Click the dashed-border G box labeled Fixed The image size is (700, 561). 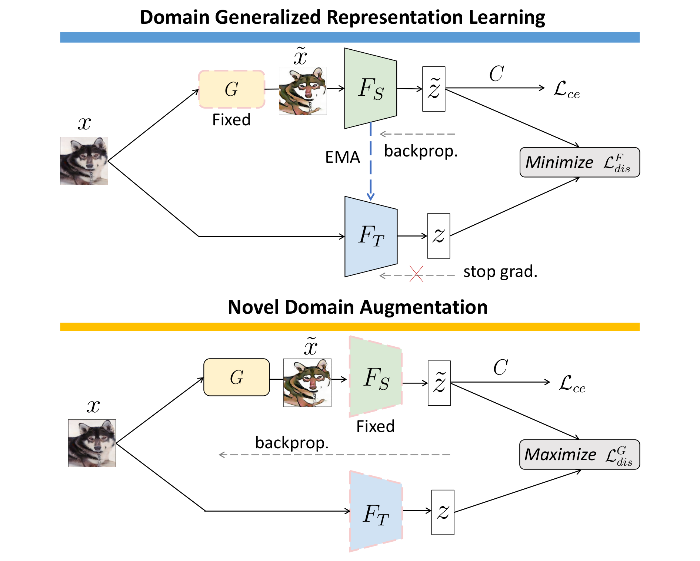tap(231, 89)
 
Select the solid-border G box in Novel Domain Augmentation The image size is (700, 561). tap(236, 377)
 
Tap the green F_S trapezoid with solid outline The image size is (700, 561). tap(370, 89)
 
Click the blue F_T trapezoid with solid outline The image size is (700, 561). tap(371, 236)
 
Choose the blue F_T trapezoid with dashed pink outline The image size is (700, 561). tap(376, 512)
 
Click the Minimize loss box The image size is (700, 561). tap(579, 162)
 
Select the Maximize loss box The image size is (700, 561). tap(579, 455)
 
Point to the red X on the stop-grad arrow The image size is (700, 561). tap(416, 274)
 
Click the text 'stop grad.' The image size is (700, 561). tap(500, 271)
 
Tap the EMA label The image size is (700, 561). tap(343, 157)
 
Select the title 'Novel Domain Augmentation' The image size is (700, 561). tap(357, 307)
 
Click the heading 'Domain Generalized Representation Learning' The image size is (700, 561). tap(342, 17)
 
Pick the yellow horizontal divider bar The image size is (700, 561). tap(350, 327)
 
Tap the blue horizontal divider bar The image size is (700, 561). tap(350, 37)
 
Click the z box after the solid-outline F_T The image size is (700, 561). tap(439, 236)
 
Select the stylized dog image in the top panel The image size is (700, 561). tap(303, 91)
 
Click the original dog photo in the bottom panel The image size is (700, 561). tap(92, 443)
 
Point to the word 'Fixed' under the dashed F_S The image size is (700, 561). tap(375, 426)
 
